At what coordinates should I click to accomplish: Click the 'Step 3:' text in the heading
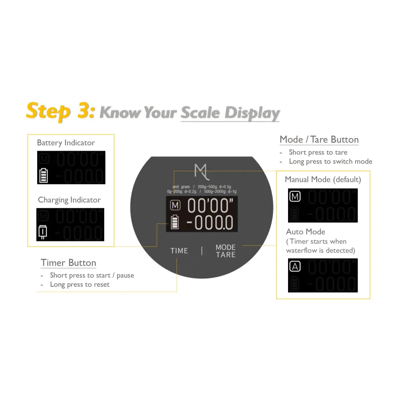[x=60, y=111]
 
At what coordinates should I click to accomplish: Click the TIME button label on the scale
[x=179, y=251]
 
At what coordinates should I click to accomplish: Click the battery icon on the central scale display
[x=175, y=223]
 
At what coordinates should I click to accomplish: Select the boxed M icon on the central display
[x=175, y=205]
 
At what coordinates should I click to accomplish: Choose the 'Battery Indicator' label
[x=66, y=143]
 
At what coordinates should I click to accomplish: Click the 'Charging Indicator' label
[x=69, y=200]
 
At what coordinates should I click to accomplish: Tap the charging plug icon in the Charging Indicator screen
[x=43, y=232]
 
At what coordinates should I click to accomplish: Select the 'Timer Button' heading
[x=68, y=263]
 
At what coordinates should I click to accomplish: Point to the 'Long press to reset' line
[x=80, y=284]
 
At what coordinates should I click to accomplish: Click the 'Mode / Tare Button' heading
[x=319, y=140]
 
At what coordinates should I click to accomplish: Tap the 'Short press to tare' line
[x=318, y=152]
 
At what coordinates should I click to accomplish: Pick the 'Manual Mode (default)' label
[x=323, y=179]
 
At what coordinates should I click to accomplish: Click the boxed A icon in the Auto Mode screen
[x=295, y=267]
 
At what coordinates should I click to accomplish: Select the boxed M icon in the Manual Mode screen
[x=295, y=197]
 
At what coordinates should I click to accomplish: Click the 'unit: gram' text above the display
[x=181, y=187]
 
